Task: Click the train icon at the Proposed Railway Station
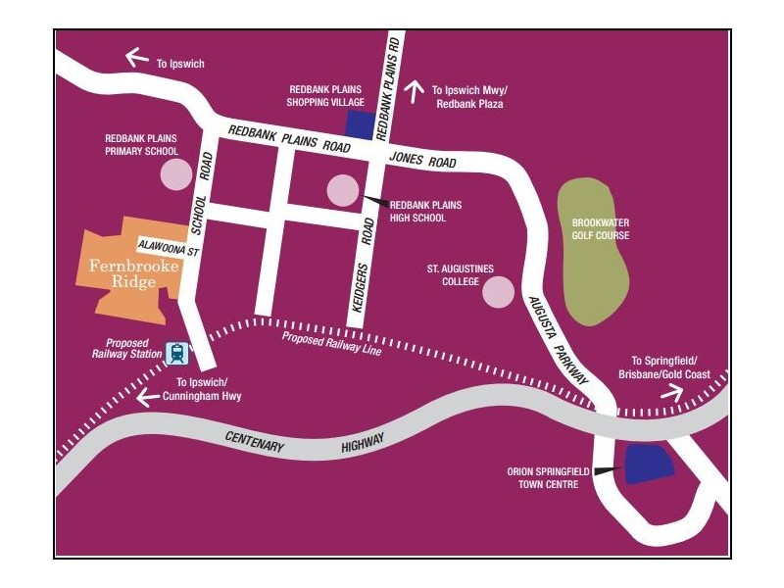(177, 352)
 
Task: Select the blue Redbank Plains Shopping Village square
(360, 124)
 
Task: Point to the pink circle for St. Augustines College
(499, 291)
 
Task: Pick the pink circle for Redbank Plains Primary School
(175, 174)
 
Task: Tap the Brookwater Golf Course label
(600, 228)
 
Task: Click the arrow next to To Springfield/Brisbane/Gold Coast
(672, 392)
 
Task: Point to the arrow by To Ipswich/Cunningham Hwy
(148, 397)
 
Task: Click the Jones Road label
(422, 160)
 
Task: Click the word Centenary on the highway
(253, 441)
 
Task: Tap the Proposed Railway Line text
(331, 344)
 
